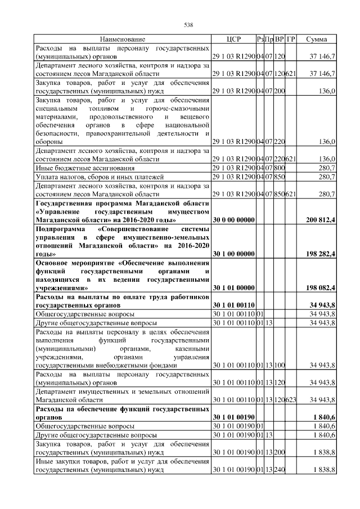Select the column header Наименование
click(x=123, y=39)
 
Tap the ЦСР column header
click(x=233, y=39)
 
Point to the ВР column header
click(x=279, y=39)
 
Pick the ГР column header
click(x=291, y=39)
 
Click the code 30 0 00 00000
click(x=233, y=219)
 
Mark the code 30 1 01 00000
click(x=233, y=288)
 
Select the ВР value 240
click(x=280, y=469)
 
